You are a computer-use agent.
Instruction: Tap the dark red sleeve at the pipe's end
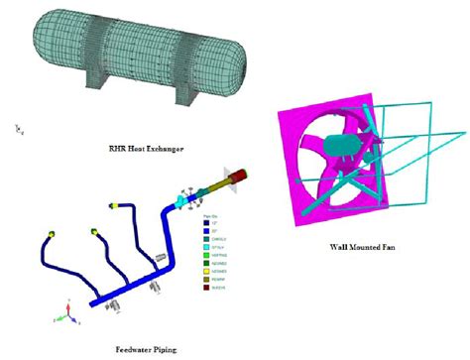(239, 179)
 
